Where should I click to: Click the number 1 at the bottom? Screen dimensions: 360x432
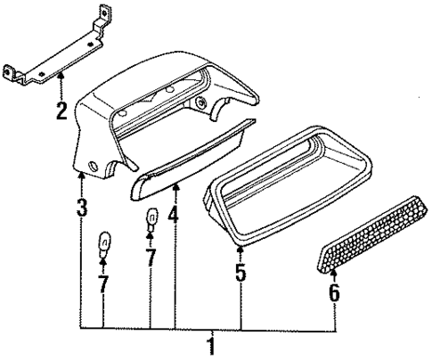point(212,345)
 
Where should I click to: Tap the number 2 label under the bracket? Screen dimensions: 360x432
point(61,111)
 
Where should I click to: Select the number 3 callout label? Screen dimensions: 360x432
point(82,210)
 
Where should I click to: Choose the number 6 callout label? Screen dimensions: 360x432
point(335,292)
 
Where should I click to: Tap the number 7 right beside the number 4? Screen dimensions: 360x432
point(151,258)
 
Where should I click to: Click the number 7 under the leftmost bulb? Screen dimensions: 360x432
point(103,285)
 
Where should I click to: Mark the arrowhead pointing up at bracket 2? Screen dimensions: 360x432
point(61,79)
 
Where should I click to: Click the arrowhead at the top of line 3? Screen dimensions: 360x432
point(82,176)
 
